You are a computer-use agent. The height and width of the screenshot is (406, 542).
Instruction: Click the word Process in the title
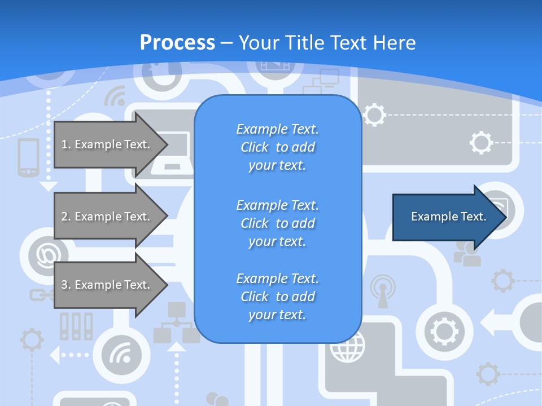[177, 43]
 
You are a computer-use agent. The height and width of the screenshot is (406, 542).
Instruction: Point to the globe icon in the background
[347, 347]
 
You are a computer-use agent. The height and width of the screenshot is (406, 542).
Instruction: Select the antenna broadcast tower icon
[383, 290]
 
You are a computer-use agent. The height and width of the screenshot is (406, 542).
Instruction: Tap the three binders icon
[76, 326]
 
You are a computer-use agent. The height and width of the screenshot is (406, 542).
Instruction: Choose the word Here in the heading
[395, 43]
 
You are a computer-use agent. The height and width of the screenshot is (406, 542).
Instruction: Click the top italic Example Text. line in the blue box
[277, 129]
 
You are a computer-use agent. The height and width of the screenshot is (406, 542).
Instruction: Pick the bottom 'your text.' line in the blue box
[277, 315]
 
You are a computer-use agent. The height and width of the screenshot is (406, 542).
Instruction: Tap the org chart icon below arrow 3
[177, 324]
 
